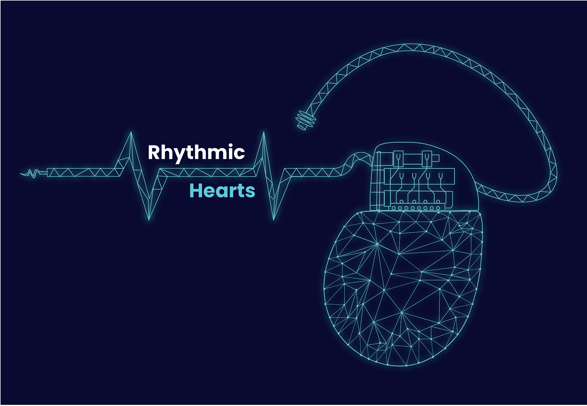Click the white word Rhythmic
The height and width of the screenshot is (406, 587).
[x=196, y=152]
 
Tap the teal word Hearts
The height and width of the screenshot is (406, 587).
[x=222, y=191]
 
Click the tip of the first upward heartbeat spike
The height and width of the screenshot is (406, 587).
[x=131, y=133]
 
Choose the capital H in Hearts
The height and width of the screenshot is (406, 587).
[x=196, y=191]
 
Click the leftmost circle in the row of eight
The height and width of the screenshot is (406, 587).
[x=394, y=208]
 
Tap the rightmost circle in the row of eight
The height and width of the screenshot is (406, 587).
[x=438, y=208]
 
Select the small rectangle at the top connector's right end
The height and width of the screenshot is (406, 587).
[x=436, y=158]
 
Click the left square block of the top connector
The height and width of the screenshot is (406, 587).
[x=398, y=158]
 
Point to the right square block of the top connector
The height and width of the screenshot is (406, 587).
[x=427, y=158]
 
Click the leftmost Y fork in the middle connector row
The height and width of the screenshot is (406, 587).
[x=402, y=176]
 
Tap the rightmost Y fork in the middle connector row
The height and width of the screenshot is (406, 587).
[x=441, y=176]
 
